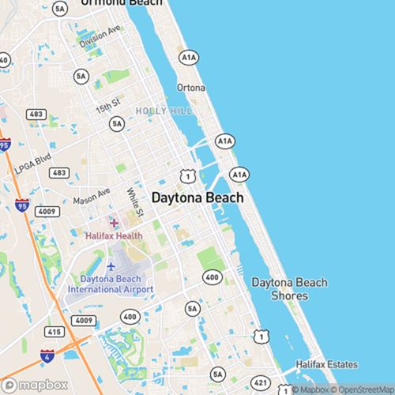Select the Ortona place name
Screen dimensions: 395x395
pyautogui.click(x=190, y=87)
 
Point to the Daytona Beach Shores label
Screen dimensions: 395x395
pyautogui.click(x=288, y=288)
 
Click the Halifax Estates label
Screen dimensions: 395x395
pyautogui.click(x=326, y=364)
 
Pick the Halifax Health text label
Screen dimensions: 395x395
pyautogui.click(x=114, y=235)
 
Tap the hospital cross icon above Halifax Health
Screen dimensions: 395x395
pyautogui.click(x=114, y=223)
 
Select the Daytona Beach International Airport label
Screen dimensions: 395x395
pyautogui.click(x=111, y=284)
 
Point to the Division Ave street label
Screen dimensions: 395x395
pyautogui.click(x=100, y=36)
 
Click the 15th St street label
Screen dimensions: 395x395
pyautogui.click(x=107, y=103)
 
